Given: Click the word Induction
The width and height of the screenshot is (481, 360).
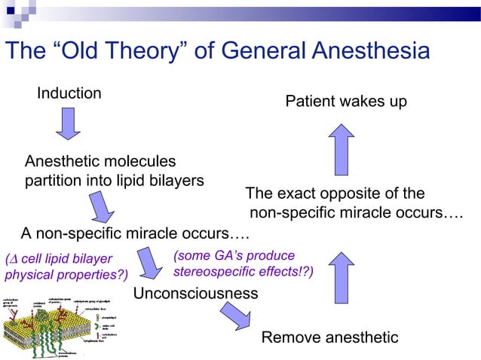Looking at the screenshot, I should (x=69, y=93).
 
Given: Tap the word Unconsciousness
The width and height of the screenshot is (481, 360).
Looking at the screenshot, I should (x=195, y=293).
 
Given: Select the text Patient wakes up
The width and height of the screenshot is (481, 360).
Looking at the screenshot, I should (x=346, y=101).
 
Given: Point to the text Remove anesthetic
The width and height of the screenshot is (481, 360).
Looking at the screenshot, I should (x=329, y=337).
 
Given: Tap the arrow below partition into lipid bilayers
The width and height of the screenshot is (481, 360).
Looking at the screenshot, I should (x=102, y=206).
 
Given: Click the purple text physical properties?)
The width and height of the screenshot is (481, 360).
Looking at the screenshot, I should (x=66, y=272).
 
